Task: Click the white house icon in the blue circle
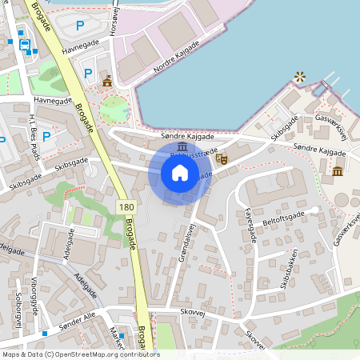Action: pyautogui.click(x=180, y=173)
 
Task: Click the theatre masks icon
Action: pyautogui.click(x=222, y=159)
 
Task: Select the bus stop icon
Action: pyautogui.click(x=25, y=45)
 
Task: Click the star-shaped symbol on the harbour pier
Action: pyautogui.click(x=300, y=77)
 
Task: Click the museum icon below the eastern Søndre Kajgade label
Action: pyautogui.click(x=337, y=170)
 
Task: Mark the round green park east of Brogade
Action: pyautogui.click(x=114, y=108)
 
